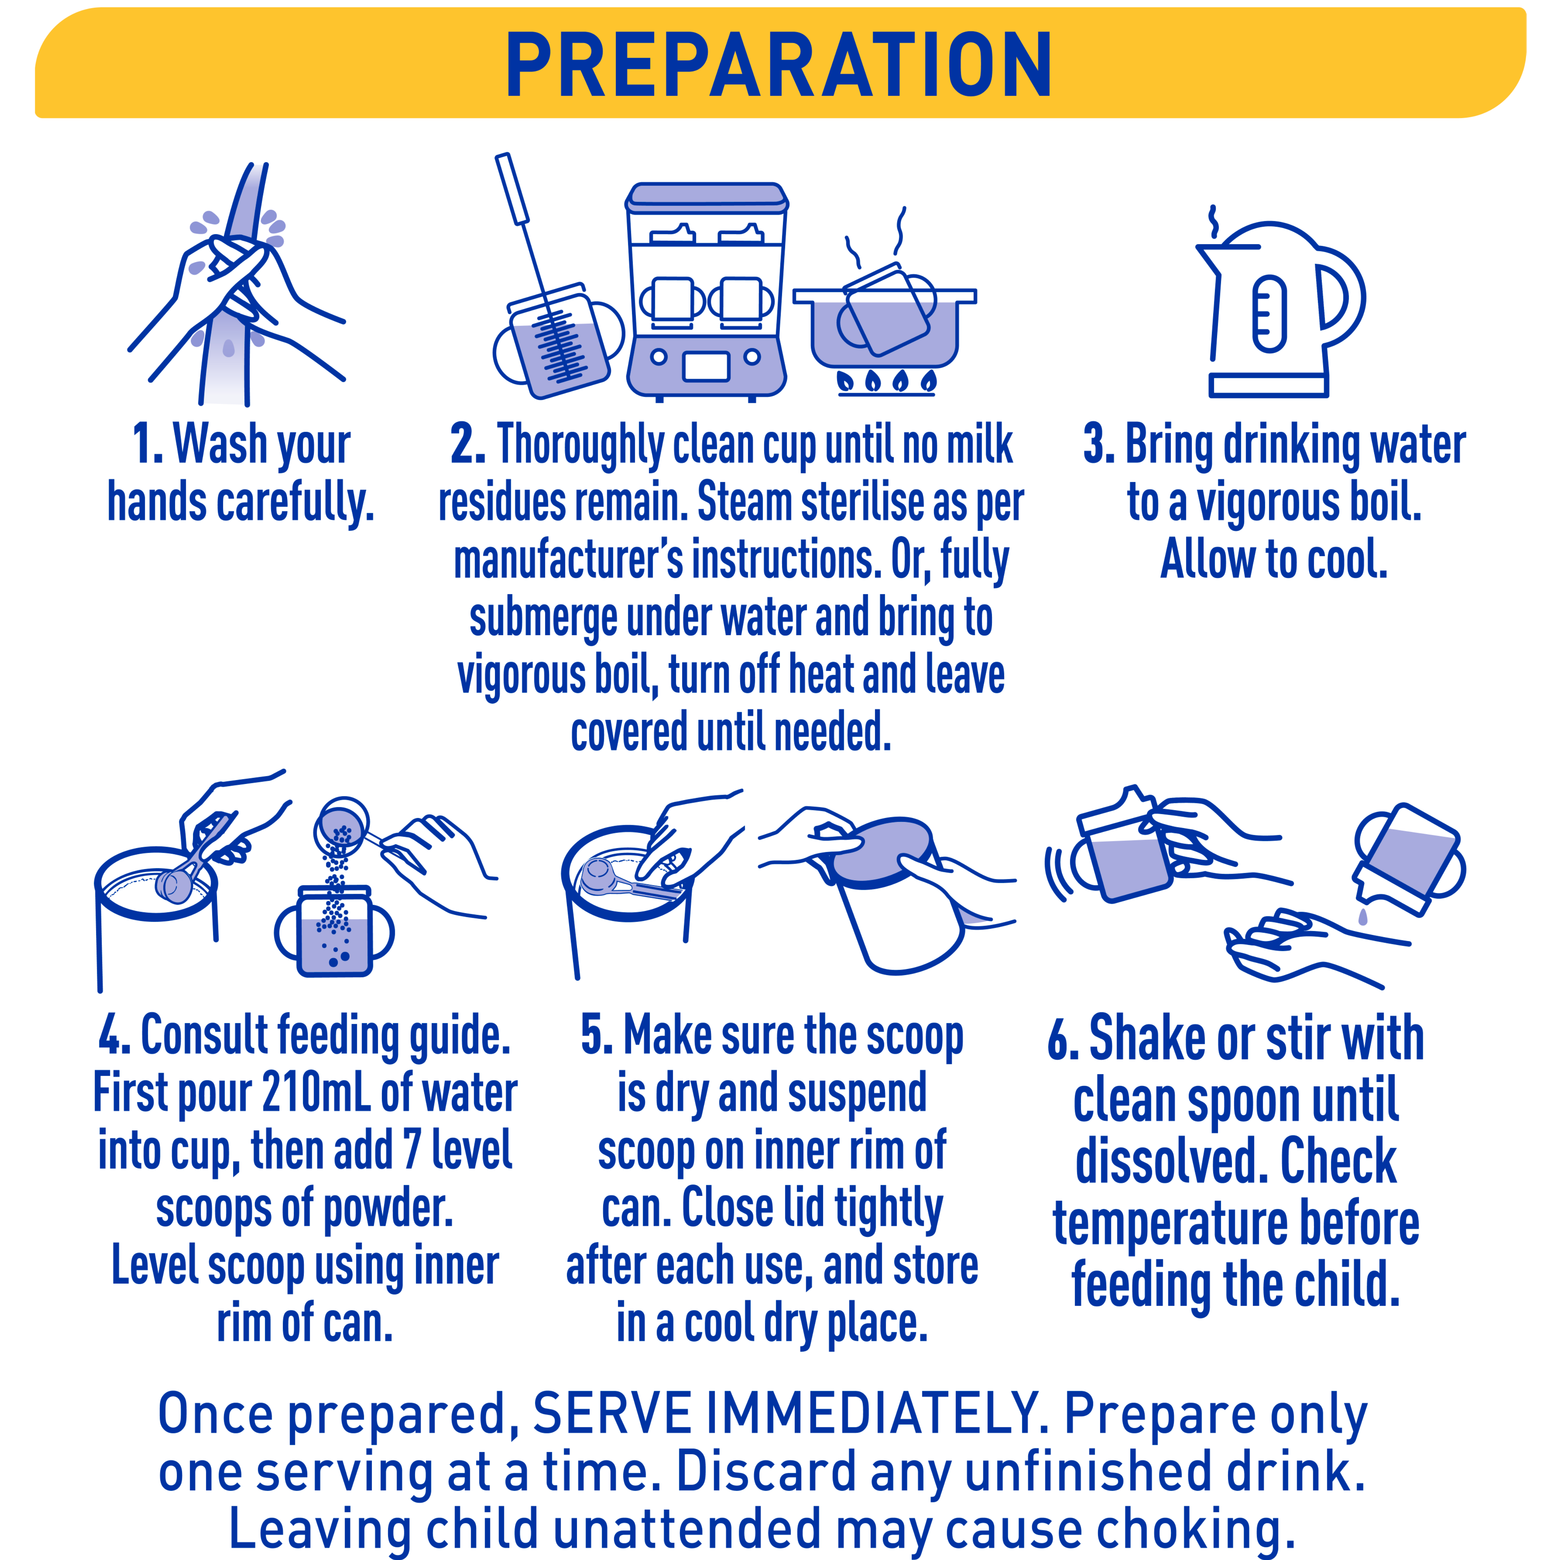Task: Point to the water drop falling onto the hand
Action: [1363, 917]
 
